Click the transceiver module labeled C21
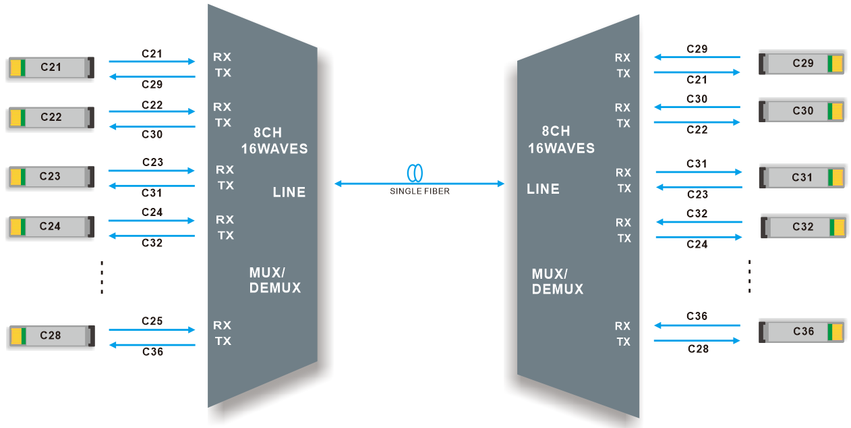point(51,68)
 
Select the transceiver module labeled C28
point(51,336)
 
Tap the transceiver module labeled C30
point(801,111)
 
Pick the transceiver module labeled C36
point(801,331)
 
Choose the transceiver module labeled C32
point(802,227)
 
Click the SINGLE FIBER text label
point(419,192)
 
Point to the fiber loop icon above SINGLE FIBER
point(415,173)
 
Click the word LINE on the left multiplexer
point(289,192)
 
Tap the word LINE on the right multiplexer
point(543,189)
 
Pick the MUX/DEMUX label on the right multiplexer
point(557,282)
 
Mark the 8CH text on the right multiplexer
point(556,132)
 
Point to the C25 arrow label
point(152,321)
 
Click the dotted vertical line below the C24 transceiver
point(101,277)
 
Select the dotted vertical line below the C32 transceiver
point(750,275)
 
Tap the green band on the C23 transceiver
point(24,177)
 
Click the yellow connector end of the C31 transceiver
point(837,178)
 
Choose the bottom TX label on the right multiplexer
point(624,342)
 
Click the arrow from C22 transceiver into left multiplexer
point(152,112)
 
